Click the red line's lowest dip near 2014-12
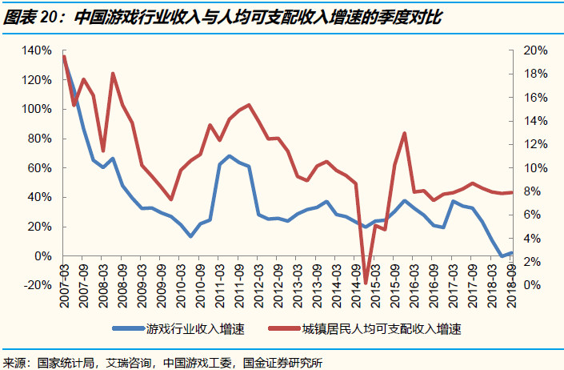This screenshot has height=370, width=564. [x=366, y=283]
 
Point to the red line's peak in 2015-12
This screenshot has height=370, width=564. [x=405, y=133]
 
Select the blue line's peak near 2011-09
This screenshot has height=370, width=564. [x=230, y=156]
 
